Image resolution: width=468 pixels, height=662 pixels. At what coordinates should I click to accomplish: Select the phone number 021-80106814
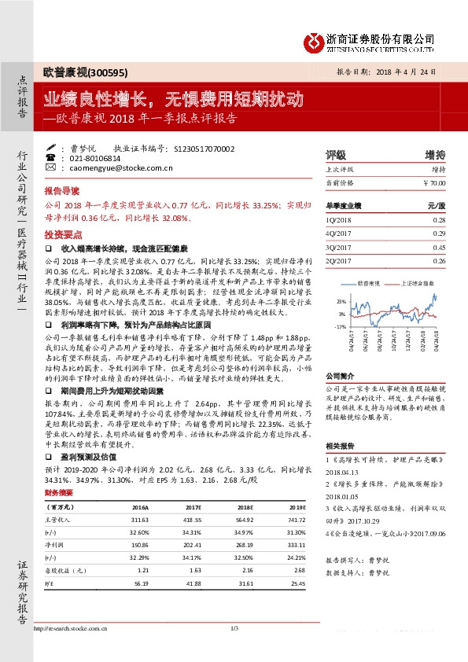tap(87, 158)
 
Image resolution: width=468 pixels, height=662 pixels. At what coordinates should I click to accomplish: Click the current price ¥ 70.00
tap(434, 182)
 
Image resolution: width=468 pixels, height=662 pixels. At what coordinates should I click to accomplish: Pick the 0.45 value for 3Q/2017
tap(438, 247)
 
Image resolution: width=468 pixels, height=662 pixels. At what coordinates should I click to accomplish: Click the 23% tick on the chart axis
tap(341, 301)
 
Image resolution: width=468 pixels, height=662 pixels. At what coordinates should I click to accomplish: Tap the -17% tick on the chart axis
tap(340, 325)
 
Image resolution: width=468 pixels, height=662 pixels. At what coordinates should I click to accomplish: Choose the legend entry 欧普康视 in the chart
tap(370, 281)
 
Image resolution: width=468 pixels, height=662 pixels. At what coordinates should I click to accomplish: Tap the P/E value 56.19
tap(142, 584)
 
